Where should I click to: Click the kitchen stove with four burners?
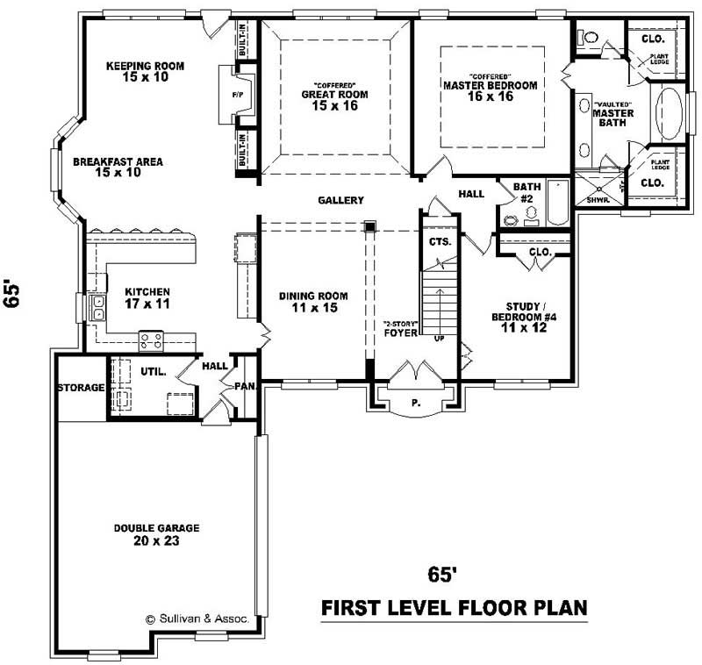151,338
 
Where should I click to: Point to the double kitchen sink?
98,307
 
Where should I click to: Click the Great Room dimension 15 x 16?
334,106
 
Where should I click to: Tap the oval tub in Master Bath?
670,114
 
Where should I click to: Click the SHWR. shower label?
598,199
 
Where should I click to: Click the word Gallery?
340,201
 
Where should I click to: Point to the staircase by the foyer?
437,303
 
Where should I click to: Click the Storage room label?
81,388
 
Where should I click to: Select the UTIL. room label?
154,372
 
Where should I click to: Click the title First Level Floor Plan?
453,607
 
